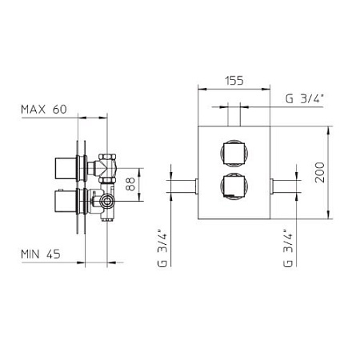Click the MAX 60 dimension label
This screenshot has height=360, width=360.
pyautogui.click(x=44, y=110)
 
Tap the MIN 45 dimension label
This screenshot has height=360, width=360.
pyautogui.click(x=41, y=254)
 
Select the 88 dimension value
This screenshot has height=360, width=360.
pyautogui.click(x=130, y=184)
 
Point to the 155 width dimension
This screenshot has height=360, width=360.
pyautogui.click(x=234, y=81)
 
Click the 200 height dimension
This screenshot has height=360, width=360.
pyautogui.click(x=320, y=172)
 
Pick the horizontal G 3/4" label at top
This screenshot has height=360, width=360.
pyautogui.click(x=305, y=99)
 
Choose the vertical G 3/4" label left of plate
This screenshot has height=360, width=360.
pyautogui.click(x=162, y=248)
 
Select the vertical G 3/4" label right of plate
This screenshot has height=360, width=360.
pyautogui.click(x=288, y=248)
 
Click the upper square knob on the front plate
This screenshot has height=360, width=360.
pyautogui.click(x=234, y=154)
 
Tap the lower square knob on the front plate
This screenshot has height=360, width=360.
pyautogui.click(x=234, y=186)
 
